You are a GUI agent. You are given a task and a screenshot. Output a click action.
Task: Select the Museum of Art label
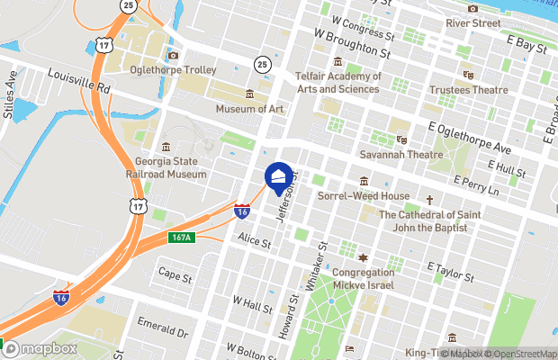click(249, 109)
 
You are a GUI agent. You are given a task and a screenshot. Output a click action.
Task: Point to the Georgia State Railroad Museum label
click(165, 168)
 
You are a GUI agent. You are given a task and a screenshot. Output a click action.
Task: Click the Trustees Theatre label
click(468, 89)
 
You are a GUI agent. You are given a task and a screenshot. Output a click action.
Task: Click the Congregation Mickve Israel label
click(364, 278)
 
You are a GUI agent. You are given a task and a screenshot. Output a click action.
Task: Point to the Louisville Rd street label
click(78, 84)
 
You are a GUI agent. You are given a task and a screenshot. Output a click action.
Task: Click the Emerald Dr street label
click(162, 327)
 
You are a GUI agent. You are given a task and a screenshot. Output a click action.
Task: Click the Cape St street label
click(175, 273)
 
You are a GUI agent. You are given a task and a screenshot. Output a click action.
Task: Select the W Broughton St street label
click(355, 44)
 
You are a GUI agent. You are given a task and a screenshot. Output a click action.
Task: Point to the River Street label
click(472, 22)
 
